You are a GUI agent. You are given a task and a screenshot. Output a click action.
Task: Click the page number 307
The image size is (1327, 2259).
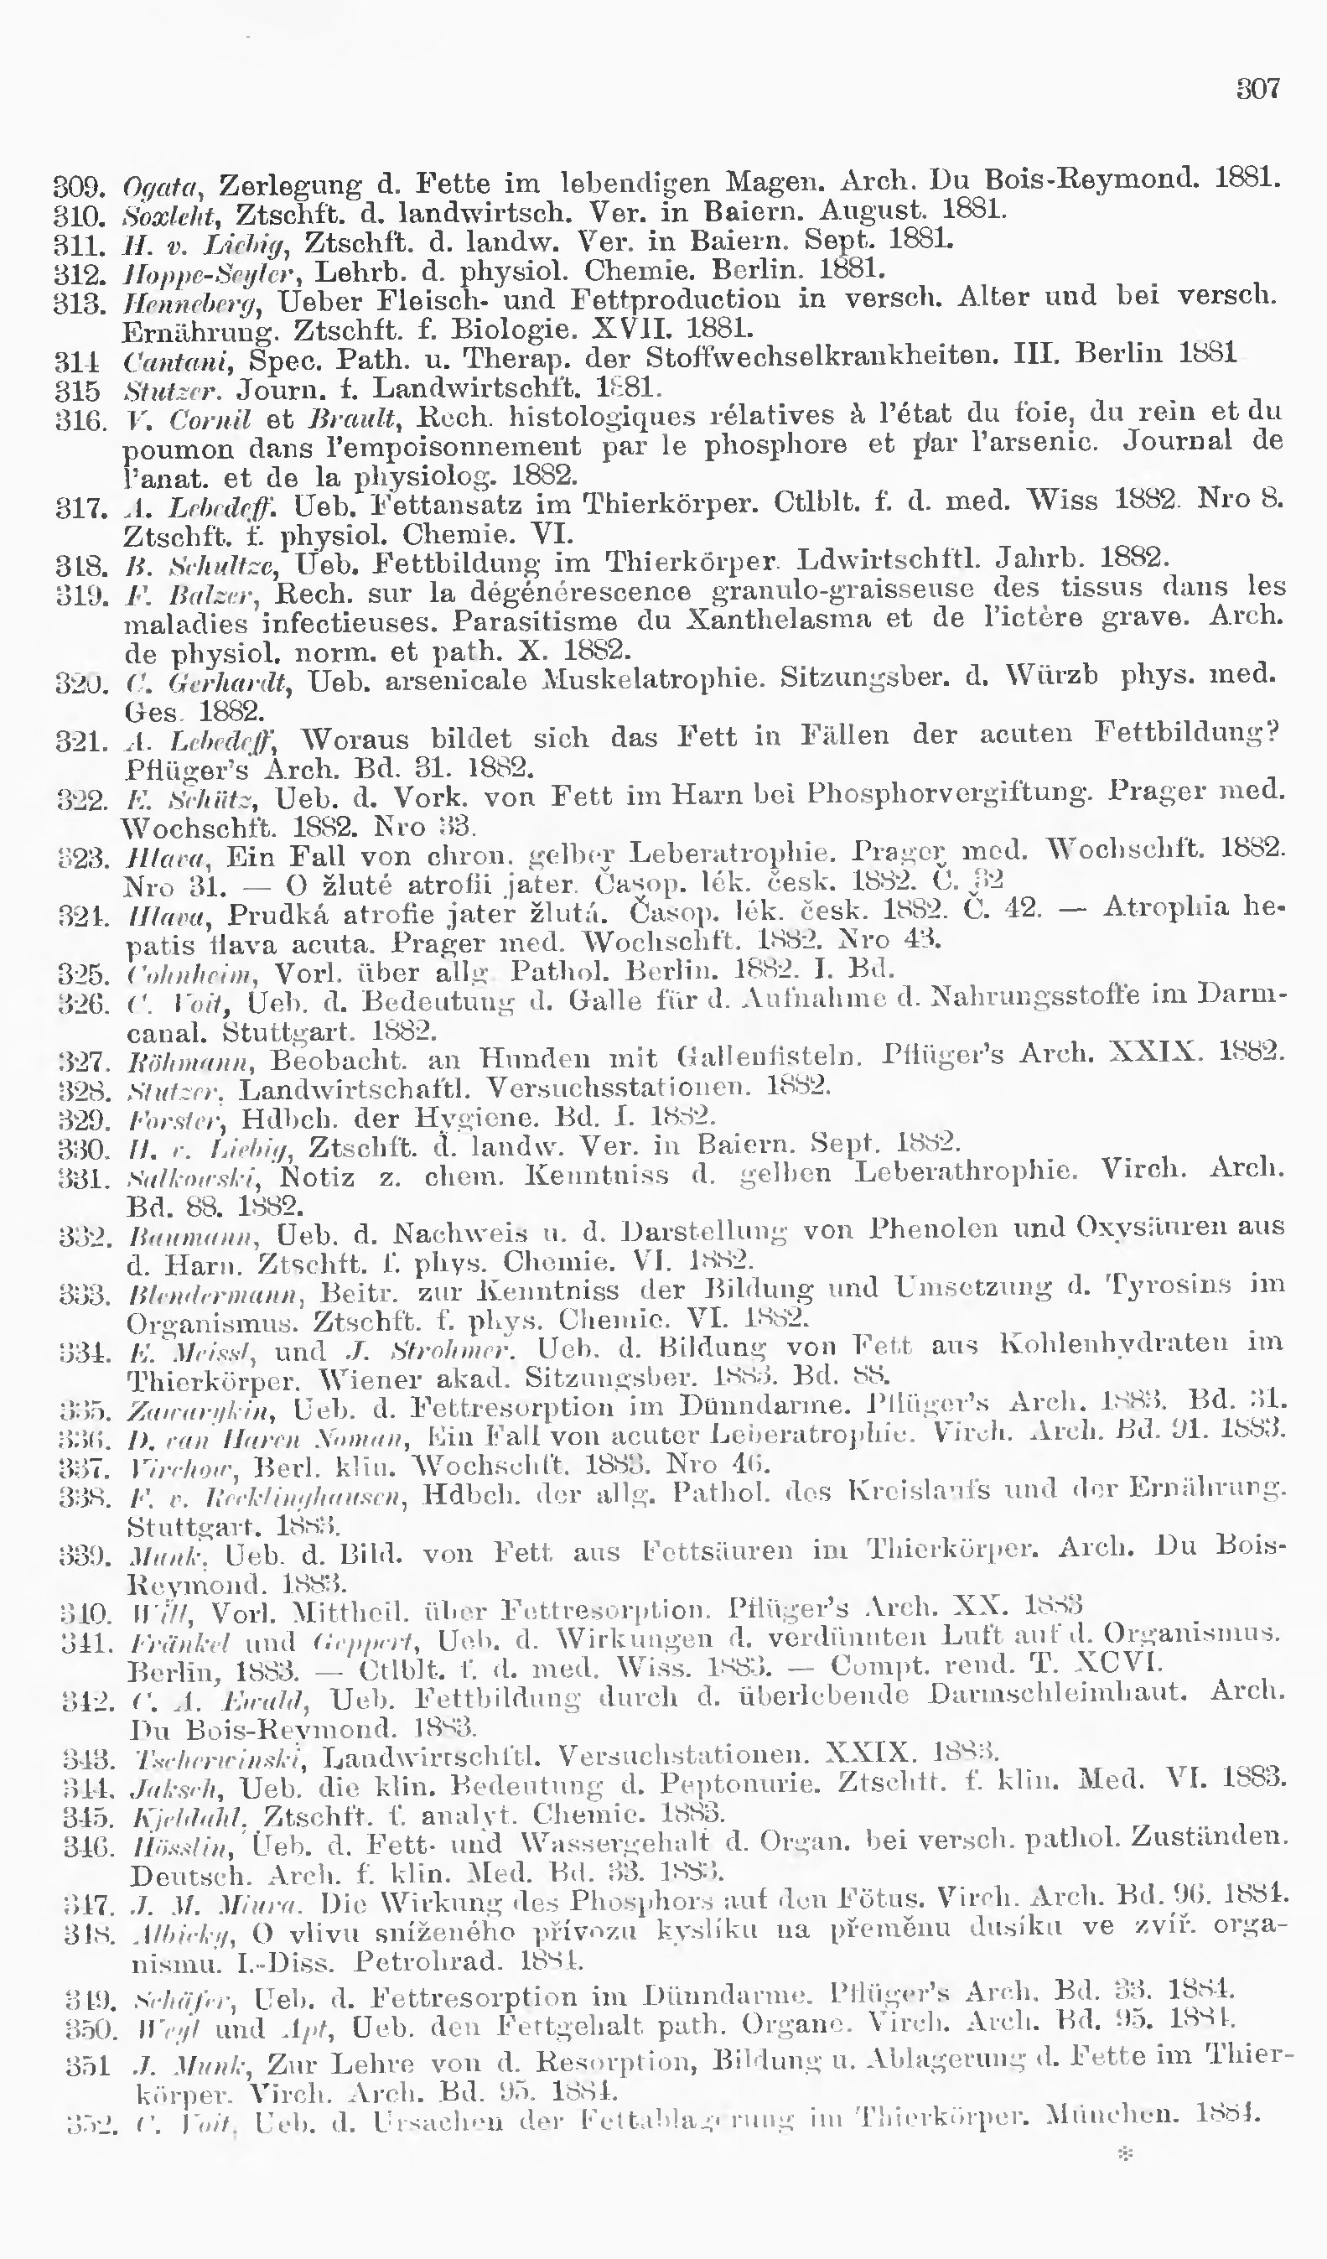(x=1258, y=88)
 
